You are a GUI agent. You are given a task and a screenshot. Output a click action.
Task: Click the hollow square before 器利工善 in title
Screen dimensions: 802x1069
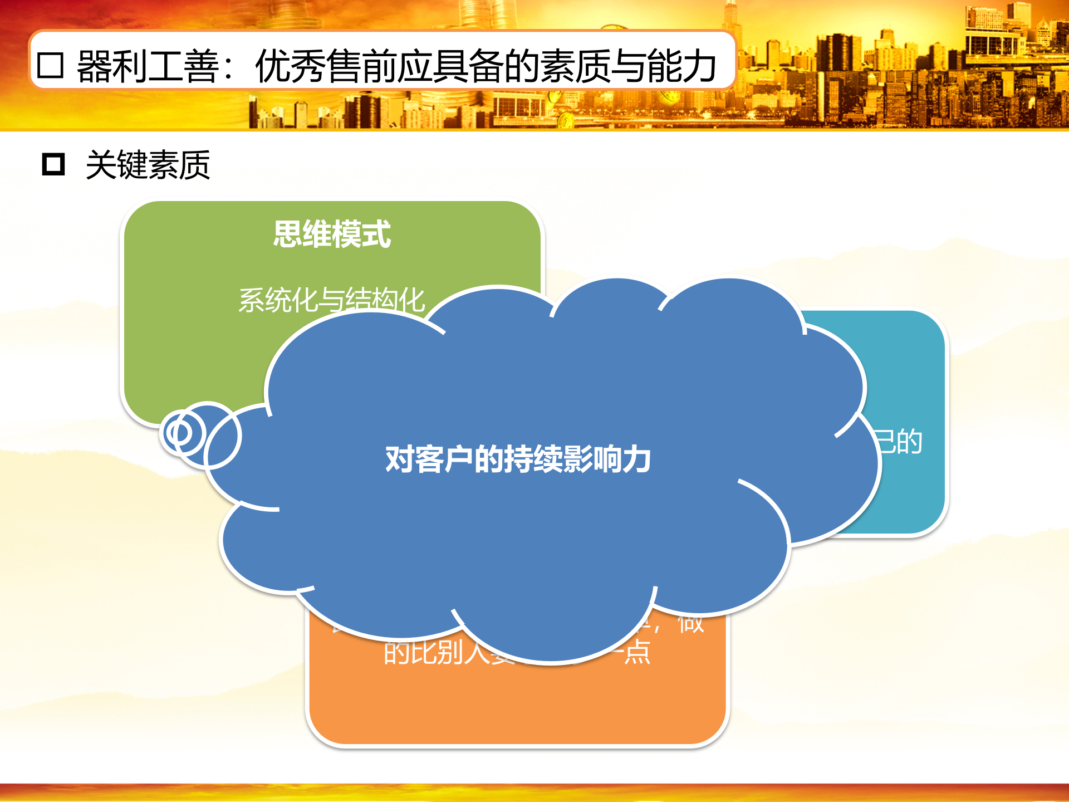click(x=50, y=66)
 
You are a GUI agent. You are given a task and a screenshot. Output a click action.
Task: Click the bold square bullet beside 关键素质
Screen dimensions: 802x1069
click(x=53, y=164)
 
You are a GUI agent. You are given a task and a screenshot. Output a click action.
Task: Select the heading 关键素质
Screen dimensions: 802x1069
click(x=148, y=165)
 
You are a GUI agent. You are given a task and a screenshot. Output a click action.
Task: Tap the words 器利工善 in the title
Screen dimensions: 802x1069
click(x=148, y=66)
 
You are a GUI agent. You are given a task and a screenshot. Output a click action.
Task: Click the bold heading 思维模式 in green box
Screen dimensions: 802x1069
click(x=332, y=234)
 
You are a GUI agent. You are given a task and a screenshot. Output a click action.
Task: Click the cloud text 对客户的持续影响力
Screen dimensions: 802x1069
click(x=518, y=459)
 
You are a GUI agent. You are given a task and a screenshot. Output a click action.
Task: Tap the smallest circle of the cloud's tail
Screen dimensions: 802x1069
click(x=179, y=433)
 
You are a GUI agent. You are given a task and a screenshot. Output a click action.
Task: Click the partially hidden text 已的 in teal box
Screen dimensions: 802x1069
click(x=899, y=442)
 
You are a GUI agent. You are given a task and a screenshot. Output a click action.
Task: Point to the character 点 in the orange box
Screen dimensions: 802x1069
click(x=637, y=652)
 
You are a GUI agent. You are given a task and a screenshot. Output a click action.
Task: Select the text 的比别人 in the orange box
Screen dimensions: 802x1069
click(x=437, y=652)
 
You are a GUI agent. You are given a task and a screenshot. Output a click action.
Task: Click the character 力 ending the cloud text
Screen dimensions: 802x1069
click(x=637, y=459)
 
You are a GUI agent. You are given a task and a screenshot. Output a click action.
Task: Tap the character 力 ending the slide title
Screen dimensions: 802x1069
click(x=698, y=66)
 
